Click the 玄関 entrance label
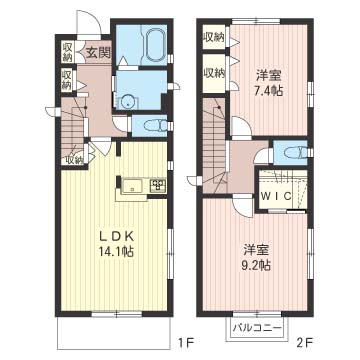[96, 53]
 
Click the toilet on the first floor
[152, 125]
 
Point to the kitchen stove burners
[158, 185]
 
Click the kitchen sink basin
[132, 185]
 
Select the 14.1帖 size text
[116, 252]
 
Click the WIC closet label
[277, 195]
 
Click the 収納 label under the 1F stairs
[74, 158]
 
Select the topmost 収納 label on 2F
[213, 37]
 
